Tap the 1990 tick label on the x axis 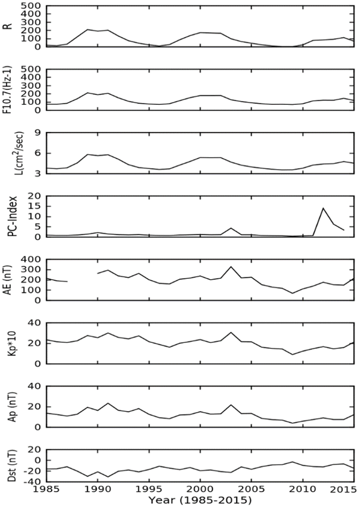98,491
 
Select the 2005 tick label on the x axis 251,491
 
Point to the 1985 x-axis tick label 47,491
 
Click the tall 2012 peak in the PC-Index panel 323,208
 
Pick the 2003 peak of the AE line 231,267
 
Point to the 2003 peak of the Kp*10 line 231,332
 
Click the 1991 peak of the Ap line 108,403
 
